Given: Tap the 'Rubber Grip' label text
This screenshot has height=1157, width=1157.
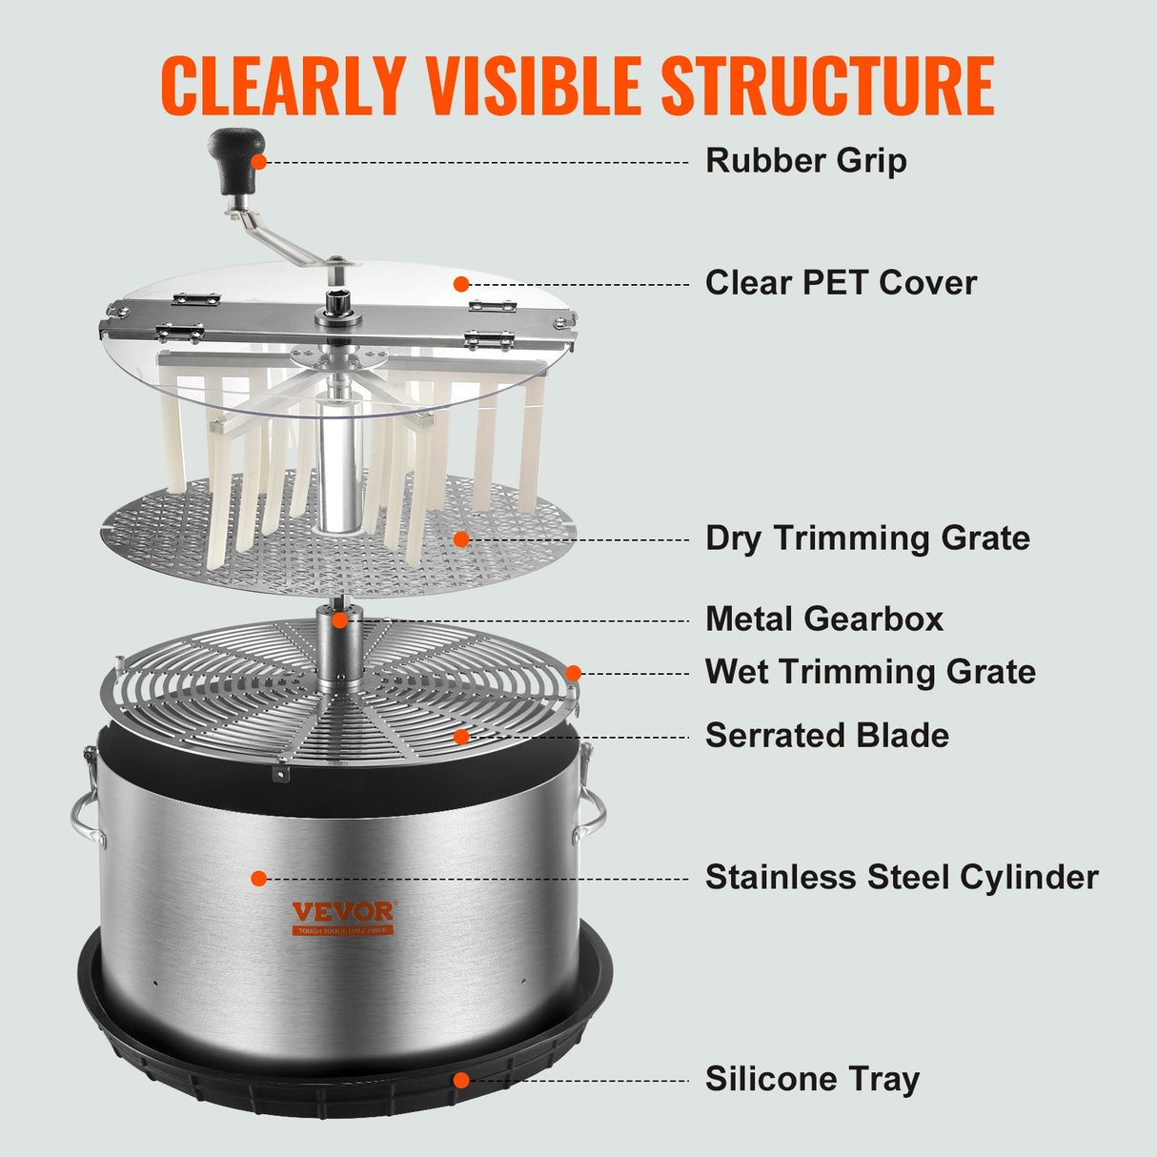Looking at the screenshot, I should [x=805, y=161].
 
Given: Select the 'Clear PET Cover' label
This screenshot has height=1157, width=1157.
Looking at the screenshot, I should [x=841, y=283].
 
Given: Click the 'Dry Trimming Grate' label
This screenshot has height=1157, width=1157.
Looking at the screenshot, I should [x=867, y=538].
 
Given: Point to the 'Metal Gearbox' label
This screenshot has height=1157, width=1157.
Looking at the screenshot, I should [x=823, y=619].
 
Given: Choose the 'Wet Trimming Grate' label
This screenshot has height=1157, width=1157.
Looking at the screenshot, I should [x=869, y=672].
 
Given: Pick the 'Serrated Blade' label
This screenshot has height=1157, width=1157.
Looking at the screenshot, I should [x=826, y=736].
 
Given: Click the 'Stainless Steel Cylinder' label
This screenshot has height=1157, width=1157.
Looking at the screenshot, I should [x=901, y=878].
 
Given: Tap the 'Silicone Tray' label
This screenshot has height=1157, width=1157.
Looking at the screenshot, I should [x=812, y=1080].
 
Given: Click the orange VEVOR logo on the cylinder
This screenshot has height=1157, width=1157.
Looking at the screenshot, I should [x=342, y=913].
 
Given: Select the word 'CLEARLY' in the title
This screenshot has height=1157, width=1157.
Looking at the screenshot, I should [x=283, y=87].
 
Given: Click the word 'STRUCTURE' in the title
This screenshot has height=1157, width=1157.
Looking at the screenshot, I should [x=827, y=87].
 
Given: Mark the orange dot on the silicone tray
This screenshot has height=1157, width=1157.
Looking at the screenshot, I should [x=461, y=1080].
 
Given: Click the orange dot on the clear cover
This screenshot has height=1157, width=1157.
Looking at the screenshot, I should [x=461, y=284].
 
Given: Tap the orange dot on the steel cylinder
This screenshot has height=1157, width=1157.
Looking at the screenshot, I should [x=258, y=878].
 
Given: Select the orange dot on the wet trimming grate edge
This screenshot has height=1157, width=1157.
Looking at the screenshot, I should [x=573, y=673].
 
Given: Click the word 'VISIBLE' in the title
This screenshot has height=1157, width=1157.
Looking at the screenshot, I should [x=533, y=87].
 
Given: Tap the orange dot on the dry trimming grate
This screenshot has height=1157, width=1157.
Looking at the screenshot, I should [x=461, y=539].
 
